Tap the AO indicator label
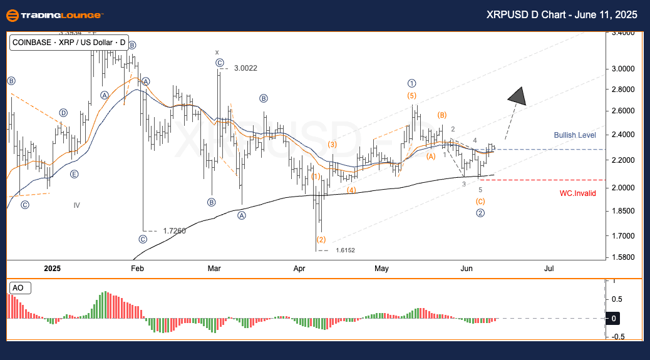pos(19,288)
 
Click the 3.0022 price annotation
pos(245,68)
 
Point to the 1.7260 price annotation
pos(174,231)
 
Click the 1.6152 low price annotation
pos(345,250)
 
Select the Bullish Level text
pos(575,135)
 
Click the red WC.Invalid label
pos(577,193)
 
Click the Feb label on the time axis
pos(137,269)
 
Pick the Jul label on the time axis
pos(549,269)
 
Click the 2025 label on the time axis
pos(53,269)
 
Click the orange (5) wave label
pos(411,96)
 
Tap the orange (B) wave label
pos(442,115)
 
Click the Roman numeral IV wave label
pos(76,205)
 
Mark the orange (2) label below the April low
pos(321,240)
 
